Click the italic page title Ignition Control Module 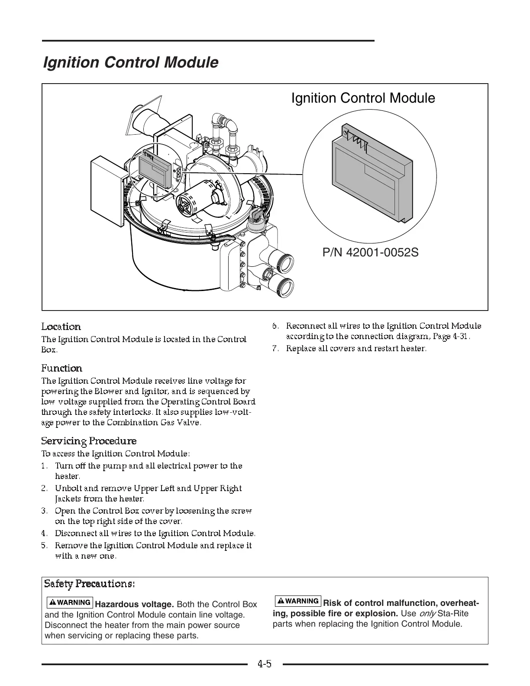(130, 62)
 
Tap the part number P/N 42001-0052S (370, 252)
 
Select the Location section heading (61, 327)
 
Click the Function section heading (61, 368)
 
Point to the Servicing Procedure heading (89, 441)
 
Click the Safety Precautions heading (90, 584)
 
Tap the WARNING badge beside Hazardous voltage (69, 602)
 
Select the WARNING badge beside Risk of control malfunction (298, 601)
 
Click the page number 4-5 (264, 663)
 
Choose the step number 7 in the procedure (275, 349)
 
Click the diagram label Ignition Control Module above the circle (363, 98)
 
